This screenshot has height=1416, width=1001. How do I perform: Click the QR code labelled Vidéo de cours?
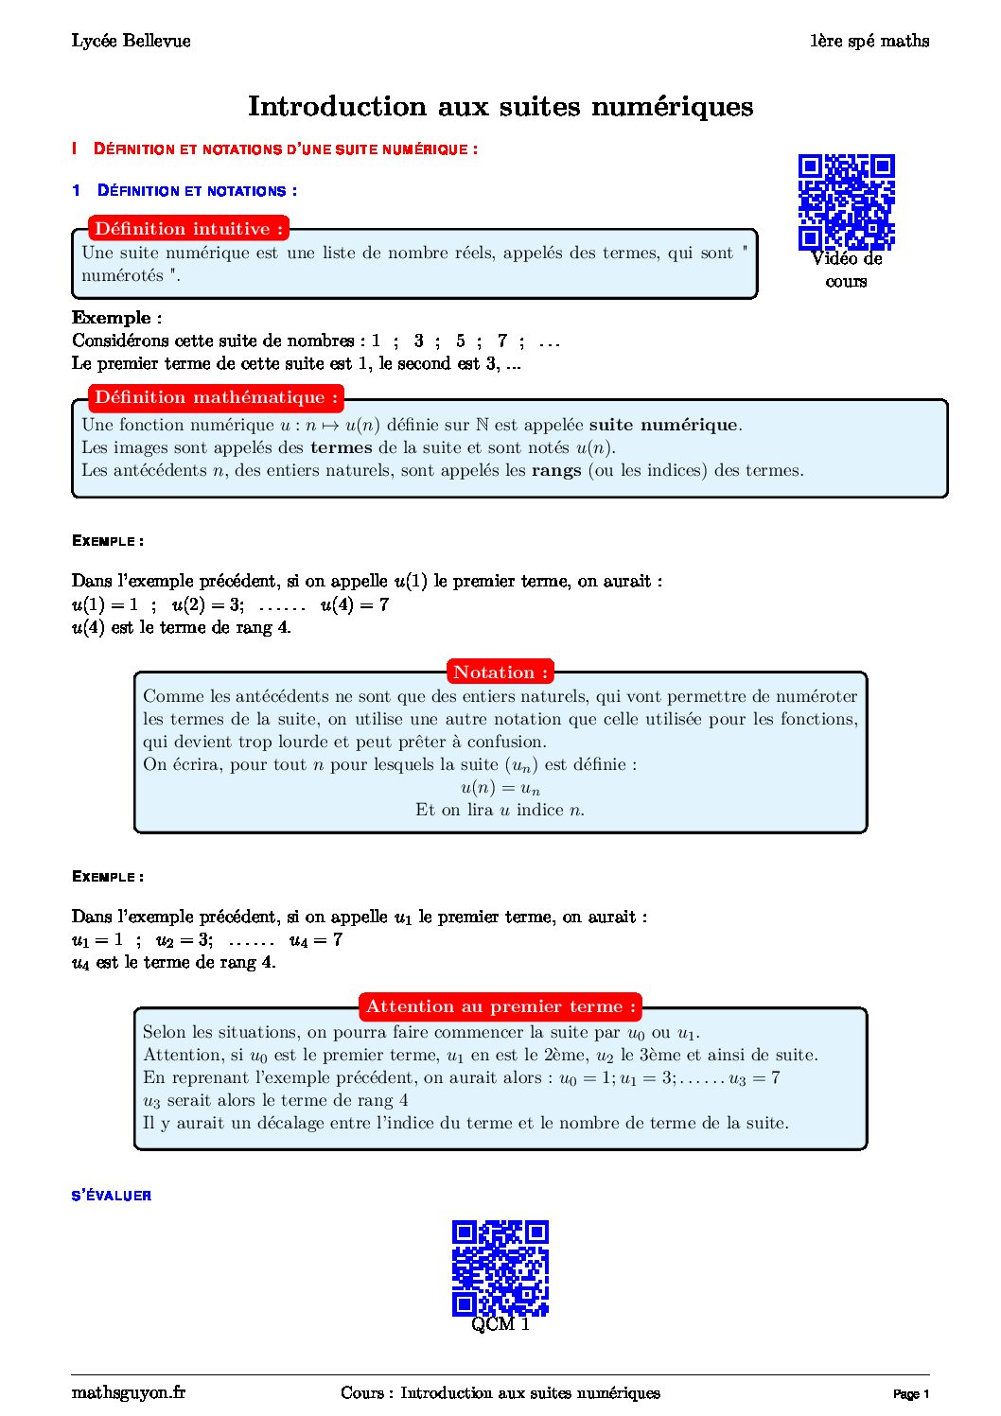point(846,201)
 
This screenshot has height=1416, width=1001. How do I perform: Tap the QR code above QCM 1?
point(500,1267)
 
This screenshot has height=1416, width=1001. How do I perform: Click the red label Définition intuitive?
point(188,229)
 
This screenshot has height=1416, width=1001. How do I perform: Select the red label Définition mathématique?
point(216,397)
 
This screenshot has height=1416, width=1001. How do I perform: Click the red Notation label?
point(500,673)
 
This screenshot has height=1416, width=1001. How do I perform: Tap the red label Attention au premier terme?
point(500,1006)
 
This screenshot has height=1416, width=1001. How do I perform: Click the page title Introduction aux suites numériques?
point(500,106)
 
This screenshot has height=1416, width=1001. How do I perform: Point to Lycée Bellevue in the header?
point(131,41)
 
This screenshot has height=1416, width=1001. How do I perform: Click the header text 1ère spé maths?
point(869,41)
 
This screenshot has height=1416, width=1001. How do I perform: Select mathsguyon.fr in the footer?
point(128,1392)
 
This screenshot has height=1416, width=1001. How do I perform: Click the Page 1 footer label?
point(911,1394)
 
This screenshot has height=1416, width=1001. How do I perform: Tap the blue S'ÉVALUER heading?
point(112,1196)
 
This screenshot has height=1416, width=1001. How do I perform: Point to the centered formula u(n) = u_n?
point(500,788)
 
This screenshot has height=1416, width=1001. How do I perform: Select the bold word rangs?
point(556,470)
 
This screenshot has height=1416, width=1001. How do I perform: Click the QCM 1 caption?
point(500,1324)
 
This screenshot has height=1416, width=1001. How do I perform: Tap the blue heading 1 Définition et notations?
point(184,191)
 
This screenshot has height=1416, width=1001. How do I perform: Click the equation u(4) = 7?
point(355,604)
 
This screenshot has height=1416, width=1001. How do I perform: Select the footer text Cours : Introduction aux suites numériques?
point(500,1392)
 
